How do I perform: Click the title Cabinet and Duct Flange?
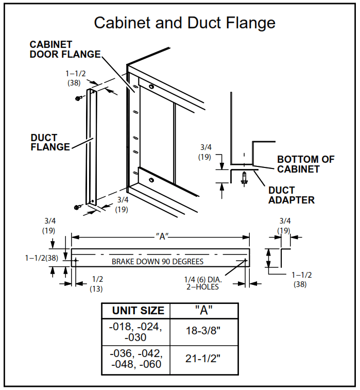[x=184, y=23]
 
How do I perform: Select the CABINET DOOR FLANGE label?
[x=65, y=49]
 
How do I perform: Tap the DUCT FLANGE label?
[x=50, y=143]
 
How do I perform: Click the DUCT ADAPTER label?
[x=291, y=195]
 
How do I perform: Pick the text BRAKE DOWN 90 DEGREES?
[x=158, y=261]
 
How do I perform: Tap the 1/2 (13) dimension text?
[x=96, y=284]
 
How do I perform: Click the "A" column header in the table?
[x=204, y=311]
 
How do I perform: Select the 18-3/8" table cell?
[x=204, y=331]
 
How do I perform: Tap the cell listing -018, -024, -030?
[x=136, y=331]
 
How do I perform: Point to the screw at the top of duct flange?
[x=78, y=97]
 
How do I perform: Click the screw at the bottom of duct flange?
[x=77, y=207]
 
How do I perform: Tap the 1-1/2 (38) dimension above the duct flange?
[x=73, y=78]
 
